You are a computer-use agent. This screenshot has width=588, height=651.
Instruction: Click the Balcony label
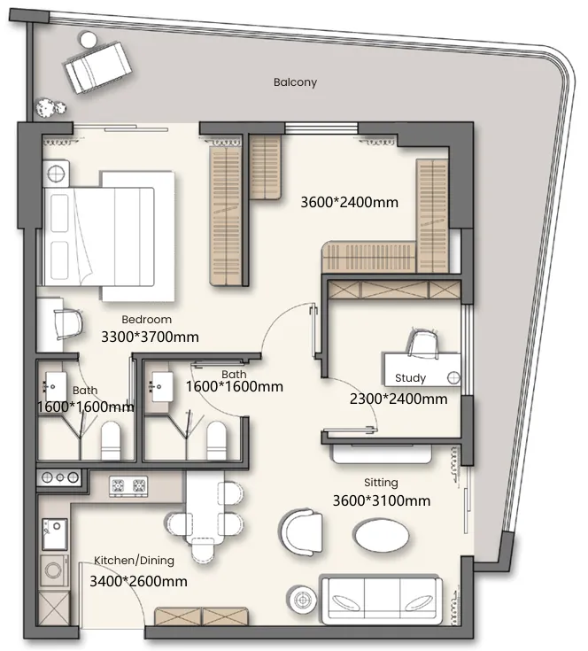click(x=295, y=82)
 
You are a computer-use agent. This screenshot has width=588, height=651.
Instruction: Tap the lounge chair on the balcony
click(x=98, y=66)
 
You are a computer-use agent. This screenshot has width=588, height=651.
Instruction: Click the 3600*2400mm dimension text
click(x=349, y=202)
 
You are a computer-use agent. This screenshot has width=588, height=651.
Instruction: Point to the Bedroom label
click(x=146, y=320)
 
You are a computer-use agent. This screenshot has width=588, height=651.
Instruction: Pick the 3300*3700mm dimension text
click(x=150, y=337)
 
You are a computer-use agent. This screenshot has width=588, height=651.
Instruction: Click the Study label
click(x=410, y=378)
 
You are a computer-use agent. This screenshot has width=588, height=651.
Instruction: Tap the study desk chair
click(x=423, y=343)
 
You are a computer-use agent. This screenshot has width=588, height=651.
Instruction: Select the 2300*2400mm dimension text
click(x=398, y=399)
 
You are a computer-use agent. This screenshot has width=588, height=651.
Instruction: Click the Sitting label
click(x=381, y=483)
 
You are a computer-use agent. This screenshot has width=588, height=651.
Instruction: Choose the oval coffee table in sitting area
click(x=382, y=535)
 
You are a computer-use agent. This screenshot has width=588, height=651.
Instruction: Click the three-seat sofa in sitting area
click(x=382, y=600)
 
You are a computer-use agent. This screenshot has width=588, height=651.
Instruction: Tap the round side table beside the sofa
click(x=303, y=599)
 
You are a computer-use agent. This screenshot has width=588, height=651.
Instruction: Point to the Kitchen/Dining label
click(x=134, y=561)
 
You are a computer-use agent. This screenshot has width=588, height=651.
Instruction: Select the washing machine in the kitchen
click(x=54, y=570)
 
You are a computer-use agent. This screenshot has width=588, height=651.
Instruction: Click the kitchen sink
click(x=55, y=533)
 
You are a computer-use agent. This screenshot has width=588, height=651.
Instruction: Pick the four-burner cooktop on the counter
click(x=128, y=486)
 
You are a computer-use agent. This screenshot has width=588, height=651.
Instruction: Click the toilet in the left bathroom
click(x=111, y=440)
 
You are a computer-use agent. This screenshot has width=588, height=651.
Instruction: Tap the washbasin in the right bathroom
click(x=162, y=386)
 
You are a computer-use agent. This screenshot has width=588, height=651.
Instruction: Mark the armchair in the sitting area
click(x=302, y=531)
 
